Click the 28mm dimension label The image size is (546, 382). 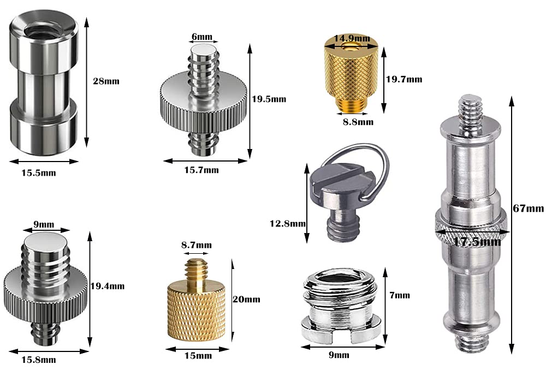(106, 81)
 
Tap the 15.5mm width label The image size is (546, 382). (39, 173)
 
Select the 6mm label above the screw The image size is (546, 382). (202, 37)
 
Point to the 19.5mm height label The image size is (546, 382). (269, 99)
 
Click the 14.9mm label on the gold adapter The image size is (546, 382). (352, 38)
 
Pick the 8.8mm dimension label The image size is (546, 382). (358, 122)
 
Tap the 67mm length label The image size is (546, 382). (528, 208)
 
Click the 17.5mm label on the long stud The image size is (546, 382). (477, 241)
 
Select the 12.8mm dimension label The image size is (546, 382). (288, 223)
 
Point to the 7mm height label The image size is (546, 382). (400, 295)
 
